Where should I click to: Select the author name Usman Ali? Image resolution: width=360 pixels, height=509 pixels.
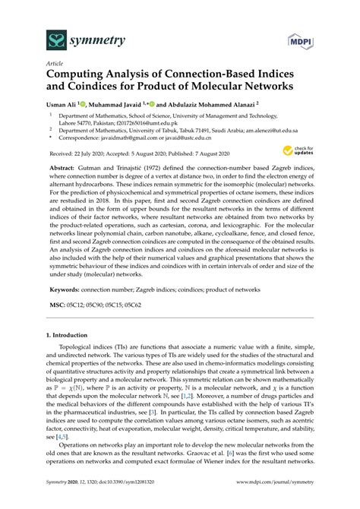tap(62, 105)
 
